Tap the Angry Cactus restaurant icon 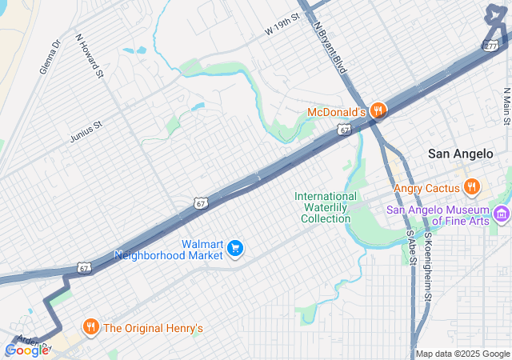472,188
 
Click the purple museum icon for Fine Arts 502,213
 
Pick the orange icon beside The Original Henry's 90,327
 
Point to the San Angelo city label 462,154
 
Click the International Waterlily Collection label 326,207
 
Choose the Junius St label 86,125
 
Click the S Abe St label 411,247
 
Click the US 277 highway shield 490,46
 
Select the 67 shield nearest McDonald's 343,130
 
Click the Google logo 26,350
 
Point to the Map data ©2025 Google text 462,354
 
